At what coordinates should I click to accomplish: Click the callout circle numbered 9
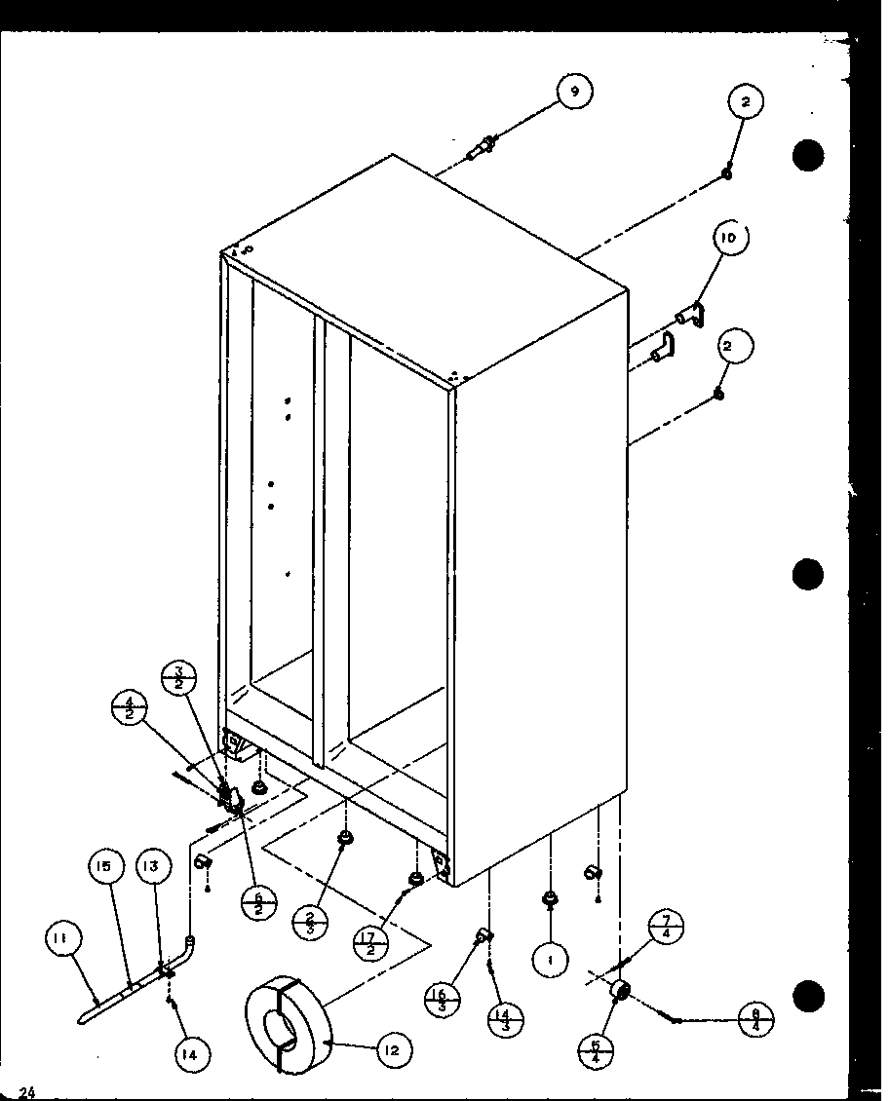point(574,92)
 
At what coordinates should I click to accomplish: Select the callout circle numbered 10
point(731,238)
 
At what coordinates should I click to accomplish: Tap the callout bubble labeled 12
point(392,1049)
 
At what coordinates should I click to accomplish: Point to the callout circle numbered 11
point(61,938)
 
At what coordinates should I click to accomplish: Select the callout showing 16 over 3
point(443,996)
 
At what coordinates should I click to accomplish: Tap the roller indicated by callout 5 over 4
point(618,991)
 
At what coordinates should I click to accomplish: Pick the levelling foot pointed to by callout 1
point(550,898)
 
